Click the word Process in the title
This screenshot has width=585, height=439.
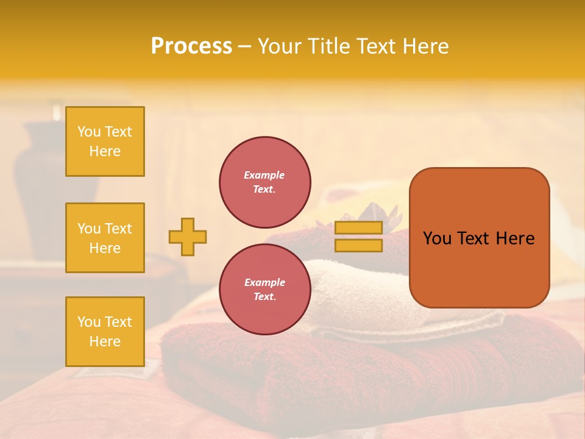click(x=191, y=46)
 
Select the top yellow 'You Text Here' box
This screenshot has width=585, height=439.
click(x=105, y=141)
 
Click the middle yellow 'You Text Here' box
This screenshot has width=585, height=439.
click(x=105, y=238)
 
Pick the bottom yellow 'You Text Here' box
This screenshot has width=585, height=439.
click(x=105, y=332)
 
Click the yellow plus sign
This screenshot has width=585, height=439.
click(x=188, y=237)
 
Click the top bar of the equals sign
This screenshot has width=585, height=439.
click(x=358, y=228)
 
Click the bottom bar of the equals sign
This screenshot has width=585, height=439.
click(x=358, y=246)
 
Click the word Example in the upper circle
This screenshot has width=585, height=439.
click(x=264, y=175)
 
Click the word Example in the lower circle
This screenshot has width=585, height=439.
click(x=264, y=282)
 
